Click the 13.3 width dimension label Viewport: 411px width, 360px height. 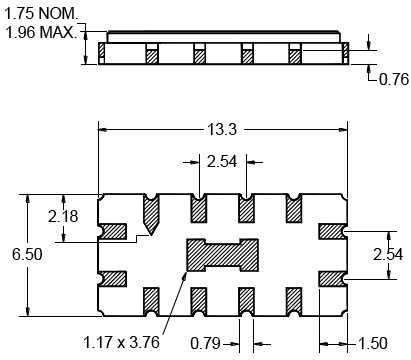click(x=222, y=129)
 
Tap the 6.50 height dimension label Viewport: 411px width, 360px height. click(x=27, y=254)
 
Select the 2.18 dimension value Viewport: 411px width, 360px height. click(x=63, y=216)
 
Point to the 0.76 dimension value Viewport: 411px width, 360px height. click(x=394, y=79)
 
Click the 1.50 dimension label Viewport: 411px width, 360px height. click(x=373, y=343)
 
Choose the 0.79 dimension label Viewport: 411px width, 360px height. click(x=206, y=343)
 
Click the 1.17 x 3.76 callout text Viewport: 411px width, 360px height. click(x=121, y=342)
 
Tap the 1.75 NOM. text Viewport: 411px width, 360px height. click(x=41, y=14)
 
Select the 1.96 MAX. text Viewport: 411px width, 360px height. click(x=41, y=33)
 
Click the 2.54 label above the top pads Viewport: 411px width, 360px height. click(x=222, y=162)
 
